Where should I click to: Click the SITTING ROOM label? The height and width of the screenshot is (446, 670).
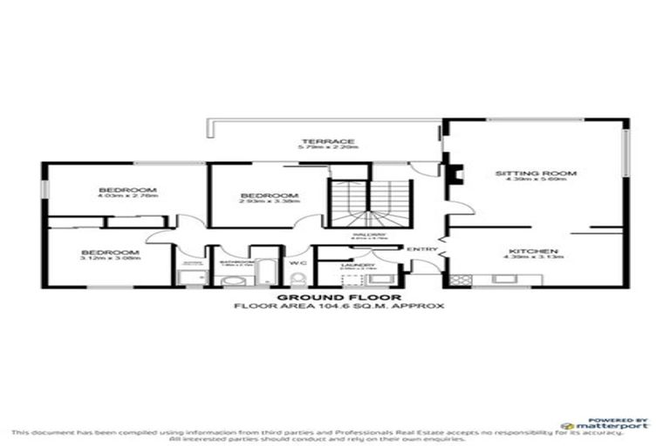click(536, 173)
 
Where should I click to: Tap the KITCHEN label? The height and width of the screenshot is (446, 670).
click(533, 251)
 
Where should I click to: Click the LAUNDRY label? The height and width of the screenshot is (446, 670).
click(364, 265)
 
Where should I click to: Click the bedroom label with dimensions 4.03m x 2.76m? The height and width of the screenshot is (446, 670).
click(126, 190)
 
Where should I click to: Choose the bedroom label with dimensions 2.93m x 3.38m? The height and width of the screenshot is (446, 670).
click(270, 195)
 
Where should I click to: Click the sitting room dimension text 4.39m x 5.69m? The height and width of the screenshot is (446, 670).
click(536, 182)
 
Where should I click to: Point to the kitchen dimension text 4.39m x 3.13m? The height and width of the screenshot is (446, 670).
click(533, 259)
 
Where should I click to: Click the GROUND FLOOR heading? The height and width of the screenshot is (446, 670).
click(314, 298)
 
